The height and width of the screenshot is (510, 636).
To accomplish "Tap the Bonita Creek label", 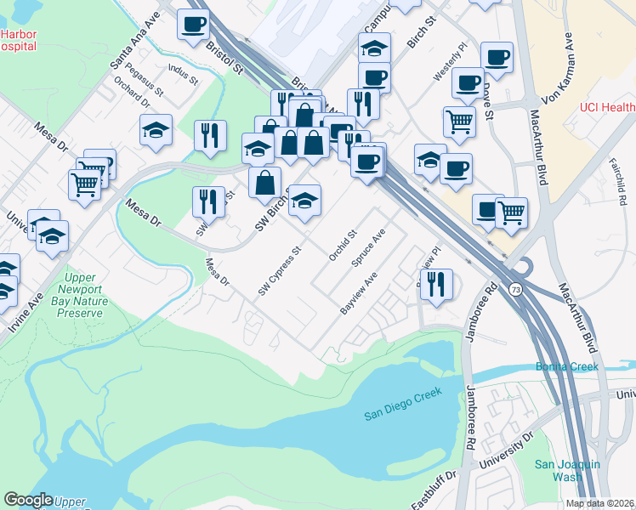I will [567, 366].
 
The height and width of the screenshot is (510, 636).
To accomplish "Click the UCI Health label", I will [607, 107].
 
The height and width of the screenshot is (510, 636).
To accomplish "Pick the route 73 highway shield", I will [515, 291].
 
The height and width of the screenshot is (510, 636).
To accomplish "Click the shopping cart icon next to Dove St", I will [459, 122].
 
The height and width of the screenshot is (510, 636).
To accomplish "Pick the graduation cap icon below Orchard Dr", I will [156, 130].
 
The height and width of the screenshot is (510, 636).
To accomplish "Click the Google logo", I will [28, 500].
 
